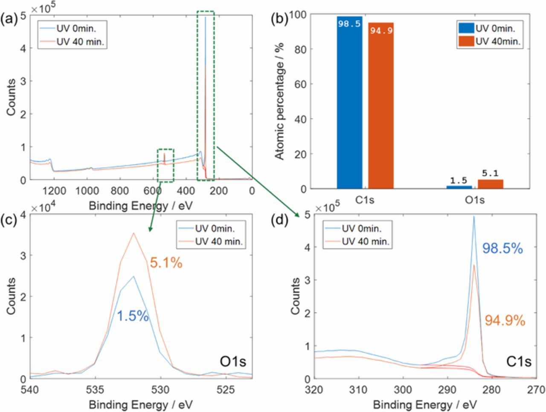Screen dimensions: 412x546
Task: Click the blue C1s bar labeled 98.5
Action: pyautogui.click(x=349, y=102)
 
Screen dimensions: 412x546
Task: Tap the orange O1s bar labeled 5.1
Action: pyautogui.click(x=491, y=184)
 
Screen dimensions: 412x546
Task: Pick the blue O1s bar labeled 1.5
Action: pyautogui.click(x=459, y=187)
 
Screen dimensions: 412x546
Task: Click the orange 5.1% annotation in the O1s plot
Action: pyautogui.click(x=166, y=264)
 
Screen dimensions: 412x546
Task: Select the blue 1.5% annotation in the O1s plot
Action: pyautogui.click(x=133, y=316)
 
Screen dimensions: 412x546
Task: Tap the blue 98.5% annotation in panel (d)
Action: pyautogui.click(x=502, y=248)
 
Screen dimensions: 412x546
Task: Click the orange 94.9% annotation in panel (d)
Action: pyautogui.click(x=505, y=320)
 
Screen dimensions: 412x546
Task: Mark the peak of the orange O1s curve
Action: pyautogui.click(x=134, y=233)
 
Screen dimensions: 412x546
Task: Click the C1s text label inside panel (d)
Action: pyautogui.click(x=519, y=362)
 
